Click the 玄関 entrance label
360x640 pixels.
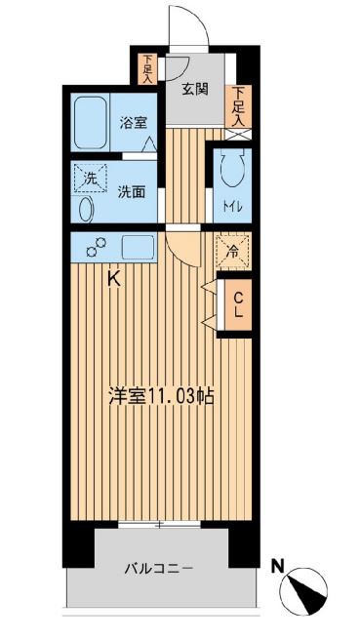point(195,89)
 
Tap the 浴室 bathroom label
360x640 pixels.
point(133,123)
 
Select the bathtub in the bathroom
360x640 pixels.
point(90,122)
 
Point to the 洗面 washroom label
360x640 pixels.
point(132,192)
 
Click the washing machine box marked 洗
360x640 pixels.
point(90,179)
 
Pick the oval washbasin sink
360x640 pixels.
point(86,210)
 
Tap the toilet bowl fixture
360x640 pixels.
point(232,167)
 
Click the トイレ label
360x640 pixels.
point(232,207)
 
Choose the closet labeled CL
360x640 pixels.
point(237,304)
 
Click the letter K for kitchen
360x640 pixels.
point(114,280)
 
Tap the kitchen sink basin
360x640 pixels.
point(138,247)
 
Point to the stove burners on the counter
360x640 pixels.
point(97,248)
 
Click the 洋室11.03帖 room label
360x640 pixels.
point(161,396)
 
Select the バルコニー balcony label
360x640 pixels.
point(159,568)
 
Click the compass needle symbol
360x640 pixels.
point(304,590)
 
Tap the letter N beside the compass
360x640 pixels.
point(278,566)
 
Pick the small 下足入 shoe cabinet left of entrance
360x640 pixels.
point(147,69)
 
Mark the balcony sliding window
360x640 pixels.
point(160,524)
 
